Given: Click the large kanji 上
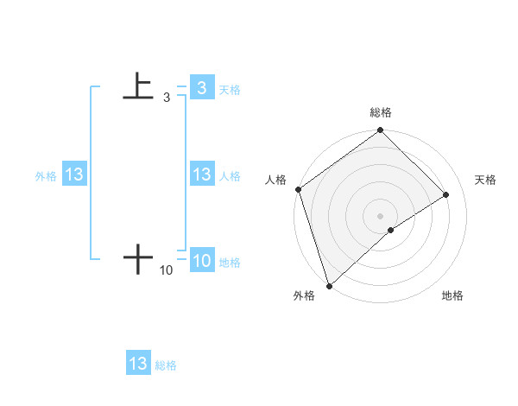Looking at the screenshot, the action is (138, 86).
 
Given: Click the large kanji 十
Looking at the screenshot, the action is (138, 258).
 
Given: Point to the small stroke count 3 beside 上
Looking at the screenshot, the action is (166, 98).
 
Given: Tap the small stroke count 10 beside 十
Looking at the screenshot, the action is (166, 270).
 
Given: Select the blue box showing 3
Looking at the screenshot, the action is (201, 87).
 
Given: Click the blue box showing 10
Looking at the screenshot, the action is (201, 261).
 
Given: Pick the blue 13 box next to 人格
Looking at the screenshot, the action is (201, 174).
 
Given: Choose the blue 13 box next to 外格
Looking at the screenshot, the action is (74, 174).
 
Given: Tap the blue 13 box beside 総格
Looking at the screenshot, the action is (138, 364).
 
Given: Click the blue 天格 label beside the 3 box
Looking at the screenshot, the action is (230, 89).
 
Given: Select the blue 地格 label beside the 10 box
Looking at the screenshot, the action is (230, 263).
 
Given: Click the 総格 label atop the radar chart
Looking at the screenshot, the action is (381, 112).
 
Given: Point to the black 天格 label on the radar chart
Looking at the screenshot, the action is (485, 180).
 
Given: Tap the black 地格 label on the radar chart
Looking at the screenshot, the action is (452, 296).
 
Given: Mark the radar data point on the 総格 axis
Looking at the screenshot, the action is (381, 130).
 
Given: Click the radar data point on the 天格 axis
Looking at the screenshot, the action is (446, 194).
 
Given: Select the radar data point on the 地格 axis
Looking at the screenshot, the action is (391, 230).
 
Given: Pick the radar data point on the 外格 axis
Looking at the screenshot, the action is (328, 285).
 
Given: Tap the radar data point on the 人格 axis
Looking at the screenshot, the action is (298, 189).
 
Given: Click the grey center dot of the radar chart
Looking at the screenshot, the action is (380, 215).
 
